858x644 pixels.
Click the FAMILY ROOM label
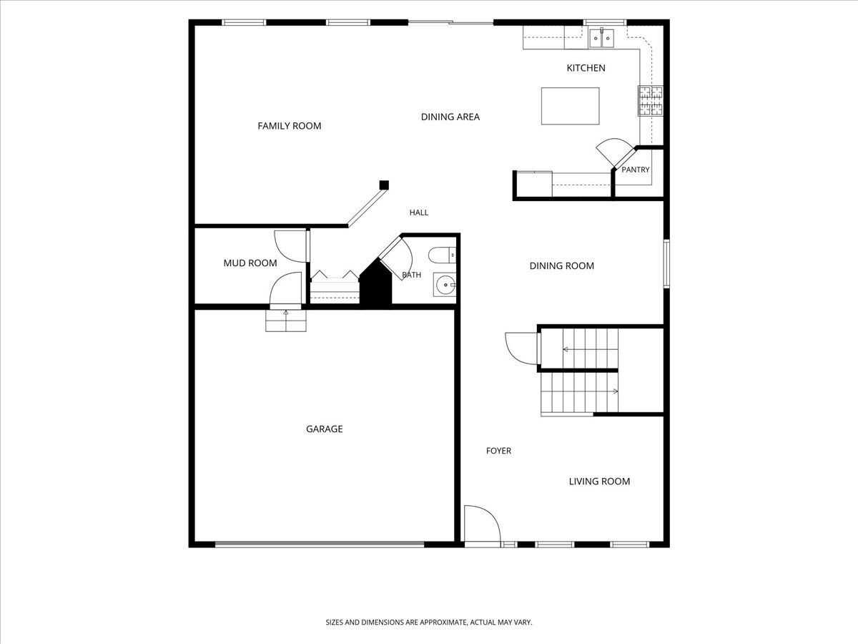(290, 126)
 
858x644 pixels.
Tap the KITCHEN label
(586, 68)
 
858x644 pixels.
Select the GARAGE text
(325, 429)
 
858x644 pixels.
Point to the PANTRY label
(636, 170)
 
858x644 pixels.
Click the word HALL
(419, 213)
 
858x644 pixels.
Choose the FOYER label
(499, 451)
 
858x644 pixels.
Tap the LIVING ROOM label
(600, 482)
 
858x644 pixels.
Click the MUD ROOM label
(250, 263)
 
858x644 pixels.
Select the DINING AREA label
(450, 117)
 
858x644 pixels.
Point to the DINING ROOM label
(562, 266)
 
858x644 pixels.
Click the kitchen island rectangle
(571, 106)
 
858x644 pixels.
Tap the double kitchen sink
(601, 39)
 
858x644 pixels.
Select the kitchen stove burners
(651, 101)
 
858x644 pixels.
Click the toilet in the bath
(442, 255)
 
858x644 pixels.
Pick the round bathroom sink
(445, 285)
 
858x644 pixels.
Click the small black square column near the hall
(384, 185)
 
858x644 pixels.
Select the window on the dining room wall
(666, 264)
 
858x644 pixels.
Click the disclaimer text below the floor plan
(429, 622)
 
